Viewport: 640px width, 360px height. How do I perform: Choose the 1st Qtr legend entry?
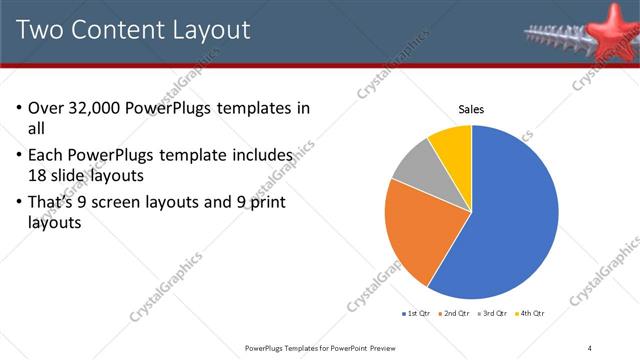pyautogui.click(x=417, y=314)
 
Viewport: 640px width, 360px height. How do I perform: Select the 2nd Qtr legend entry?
pyautogui.click(x=456, y=314)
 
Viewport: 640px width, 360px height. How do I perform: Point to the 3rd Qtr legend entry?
pyautogui.click(x=495, y=314)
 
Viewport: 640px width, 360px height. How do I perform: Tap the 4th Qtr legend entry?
pyautogui.click(x=532, y=314)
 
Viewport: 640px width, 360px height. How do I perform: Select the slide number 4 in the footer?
pyautogui.click(x=590, y=347)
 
